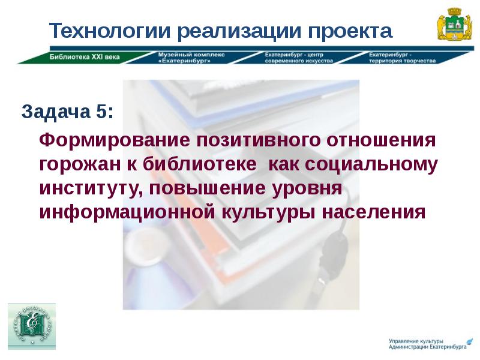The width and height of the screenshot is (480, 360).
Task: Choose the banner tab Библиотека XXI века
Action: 84,58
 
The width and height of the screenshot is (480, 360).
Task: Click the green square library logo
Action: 31,326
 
